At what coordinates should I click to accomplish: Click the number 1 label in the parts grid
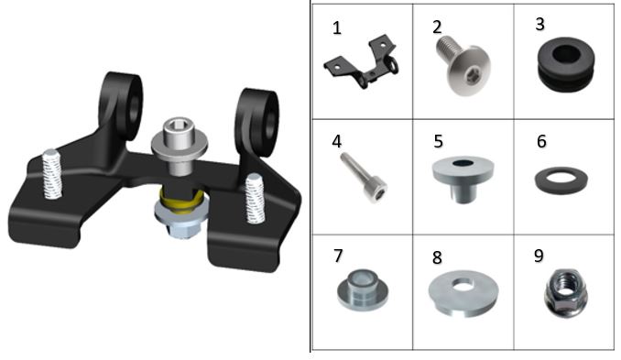(337, 28)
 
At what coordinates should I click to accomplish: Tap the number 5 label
(438, 141)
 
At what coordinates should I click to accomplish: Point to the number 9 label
(539, 256)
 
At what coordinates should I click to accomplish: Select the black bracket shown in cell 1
(361, 62)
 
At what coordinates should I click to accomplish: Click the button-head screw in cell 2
(463, 64)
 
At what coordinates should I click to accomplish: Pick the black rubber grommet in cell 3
(566, 64)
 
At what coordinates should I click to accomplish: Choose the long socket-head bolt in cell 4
(364, 178)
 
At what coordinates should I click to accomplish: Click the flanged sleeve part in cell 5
(463, 179)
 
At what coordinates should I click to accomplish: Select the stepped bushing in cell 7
(363, 290)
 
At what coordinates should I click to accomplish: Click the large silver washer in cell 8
(463, 293)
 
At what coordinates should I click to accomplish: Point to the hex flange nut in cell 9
(565, 293)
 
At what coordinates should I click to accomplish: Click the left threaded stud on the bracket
(52, 174)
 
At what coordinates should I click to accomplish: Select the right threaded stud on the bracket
(255, 199)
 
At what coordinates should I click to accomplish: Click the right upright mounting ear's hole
(271, 124)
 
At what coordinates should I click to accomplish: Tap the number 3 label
(539, 24)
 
